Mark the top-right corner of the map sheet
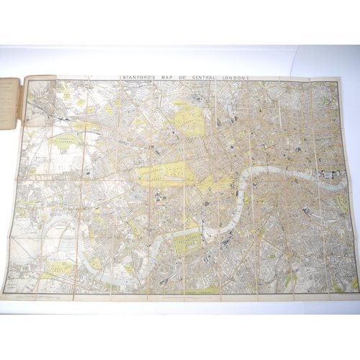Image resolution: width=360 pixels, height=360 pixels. pyautogui.click(x=341, y=78)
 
